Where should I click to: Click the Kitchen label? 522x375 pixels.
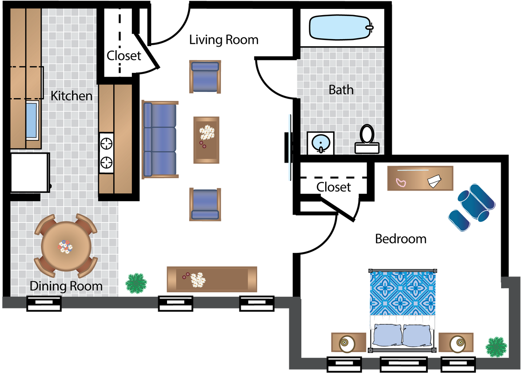(x=72, y=96)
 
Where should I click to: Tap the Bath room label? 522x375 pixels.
(x=341, y=90)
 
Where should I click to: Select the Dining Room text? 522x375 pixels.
(x=66, y=286)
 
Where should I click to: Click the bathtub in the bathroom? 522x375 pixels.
(x=340, y=27)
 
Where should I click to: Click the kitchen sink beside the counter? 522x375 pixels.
(x=32, y=120)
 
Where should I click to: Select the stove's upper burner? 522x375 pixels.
(x=107, y=144)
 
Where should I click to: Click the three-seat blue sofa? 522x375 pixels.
(x=160, y=139)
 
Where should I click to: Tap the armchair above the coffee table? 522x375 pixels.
(x=205, y=76)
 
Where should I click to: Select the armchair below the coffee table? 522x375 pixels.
(x=205, y=204)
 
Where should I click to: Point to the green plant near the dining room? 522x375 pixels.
(x=136, y=283)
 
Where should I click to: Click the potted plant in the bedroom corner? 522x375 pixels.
(x=496, y=347)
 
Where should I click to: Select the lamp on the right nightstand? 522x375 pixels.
(x=457, y=343)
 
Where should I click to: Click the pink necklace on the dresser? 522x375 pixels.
(x=401, y=183)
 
